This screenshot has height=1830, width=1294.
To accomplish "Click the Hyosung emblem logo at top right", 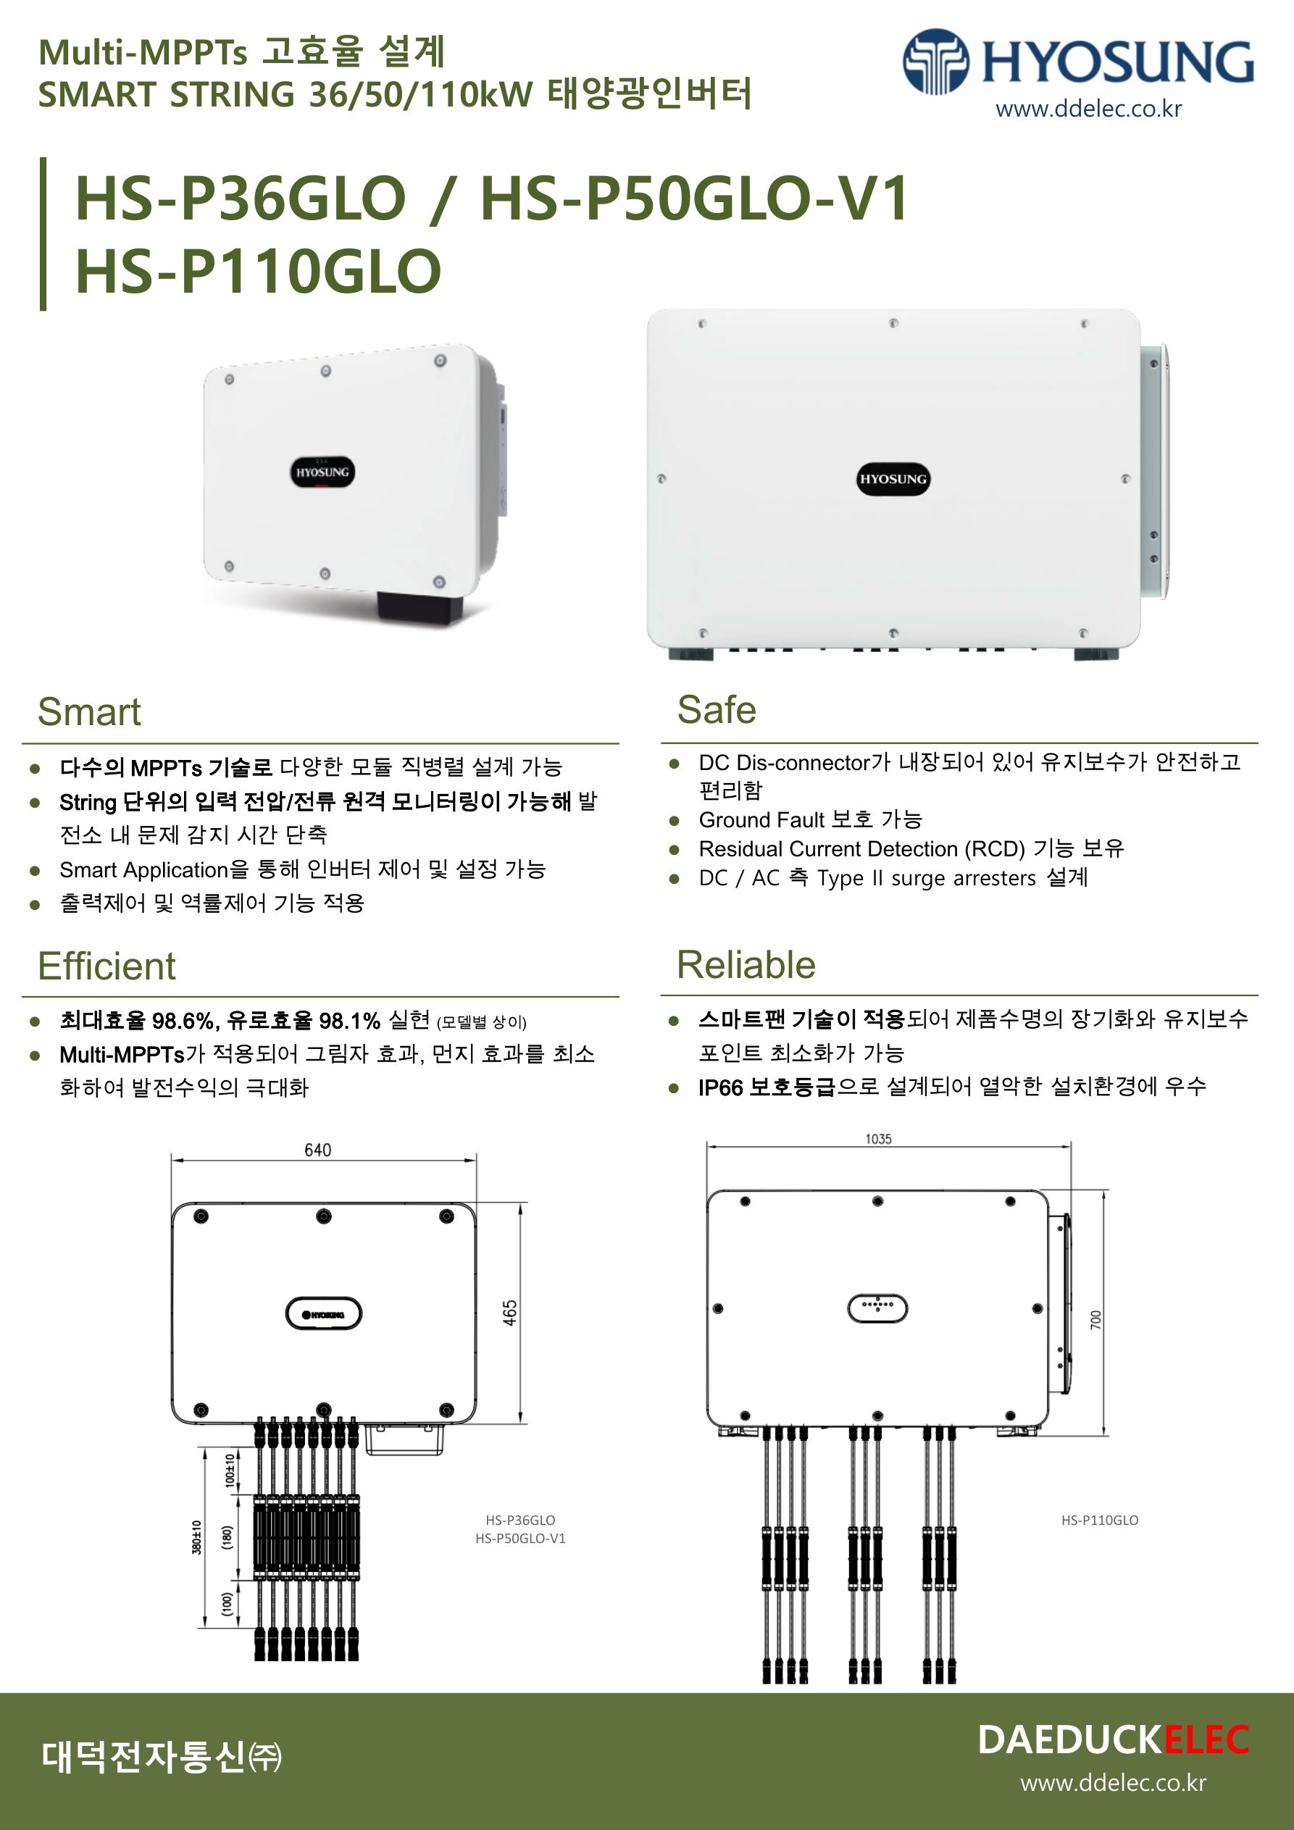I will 935,62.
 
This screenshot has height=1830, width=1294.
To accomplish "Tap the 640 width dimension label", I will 317,1149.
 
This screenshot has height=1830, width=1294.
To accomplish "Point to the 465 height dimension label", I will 510,1313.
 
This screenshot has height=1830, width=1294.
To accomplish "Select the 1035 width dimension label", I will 878,1139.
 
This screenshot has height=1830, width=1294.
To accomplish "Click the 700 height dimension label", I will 1096,1319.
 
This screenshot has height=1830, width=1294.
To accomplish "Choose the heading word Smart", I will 89,711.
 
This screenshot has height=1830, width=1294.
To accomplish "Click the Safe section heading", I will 716,709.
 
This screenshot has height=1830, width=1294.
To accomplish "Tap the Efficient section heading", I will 107,966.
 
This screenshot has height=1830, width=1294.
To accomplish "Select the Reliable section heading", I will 746,964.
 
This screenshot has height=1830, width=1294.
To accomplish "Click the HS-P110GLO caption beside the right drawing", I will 1099,1520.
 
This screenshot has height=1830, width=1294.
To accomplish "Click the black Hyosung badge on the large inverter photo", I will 893,479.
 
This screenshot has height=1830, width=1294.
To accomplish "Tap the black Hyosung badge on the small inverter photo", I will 322,472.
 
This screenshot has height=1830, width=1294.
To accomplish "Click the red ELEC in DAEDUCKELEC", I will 1206,1740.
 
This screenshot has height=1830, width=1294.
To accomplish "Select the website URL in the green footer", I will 1113,1782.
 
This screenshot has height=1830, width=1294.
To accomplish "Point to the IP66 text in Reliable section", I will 721,1087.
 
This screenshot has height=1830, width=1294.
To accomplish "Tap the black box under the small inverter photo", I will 419,607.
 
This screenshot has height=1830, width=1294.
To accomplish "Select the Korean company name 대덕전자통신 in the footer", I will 143,1756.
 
